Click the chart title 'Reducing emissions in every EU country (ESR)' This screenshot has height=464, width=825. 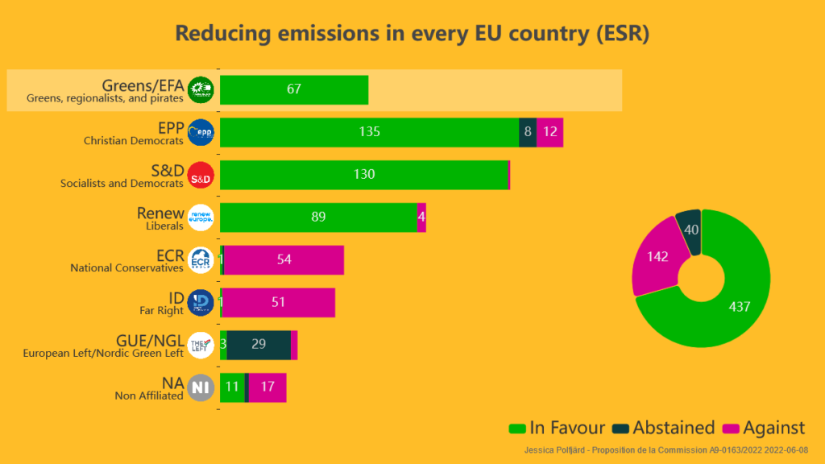[x=412, y=34]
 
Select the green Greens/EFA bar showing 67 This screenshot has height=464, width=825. [x=294, y=89]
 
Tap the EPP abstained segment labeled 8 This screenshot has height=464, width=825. [x=528, y=132]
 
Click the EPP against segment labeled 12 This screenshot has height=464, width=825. [x=550, y=132]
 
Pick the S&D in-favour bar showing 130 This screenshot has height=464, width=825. [x=364, y=175]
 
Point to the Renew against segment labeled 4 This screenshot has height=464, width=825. [x=421, y=217]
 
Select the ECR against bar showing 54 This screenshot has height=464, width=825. [x=284, y=260]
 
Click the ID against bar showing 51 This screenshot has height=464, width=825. [x=279, y=303]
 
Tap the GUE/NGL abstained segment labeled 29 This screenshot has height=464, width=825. [x=259, y=345]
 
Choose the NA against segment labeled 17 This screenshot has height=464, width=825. [x=267, y=387]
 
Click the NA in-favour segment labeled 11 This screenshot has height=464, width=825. [x=232, y=387]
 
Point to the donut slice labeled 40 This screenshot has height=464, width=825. [x=690, y=229]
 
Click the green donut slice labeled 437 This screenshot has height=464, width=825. [x=737, y=307]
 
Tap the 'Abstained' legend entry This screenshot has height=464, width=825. [x=665, y=428]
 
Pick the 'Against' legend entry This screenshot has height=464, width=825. [x=765, y=428]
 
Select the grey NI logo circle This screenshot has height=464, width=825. [x=201, y=388]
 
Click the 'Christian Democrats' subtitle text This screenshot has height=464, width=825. [x=134, y=141]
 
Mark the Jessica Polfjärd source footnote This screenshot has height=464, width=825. [x=666, y=450]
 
